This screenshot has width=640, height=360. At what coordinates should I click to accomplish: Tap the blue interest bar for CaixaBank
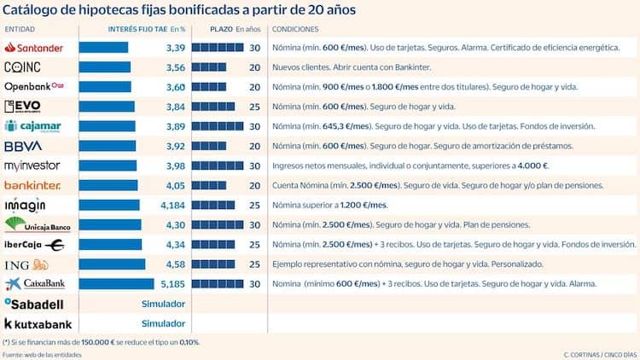116,284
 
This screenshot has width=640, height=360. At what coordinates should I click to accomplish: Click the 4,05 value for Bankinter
174,185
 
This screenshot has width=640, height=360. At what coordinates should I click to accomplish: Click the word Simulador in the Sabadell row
163,304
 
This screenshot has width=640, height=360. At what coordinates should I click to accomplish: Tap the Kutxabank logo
38,324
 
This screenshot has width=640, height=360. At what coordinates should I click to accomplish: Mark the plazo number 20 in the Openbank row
254,87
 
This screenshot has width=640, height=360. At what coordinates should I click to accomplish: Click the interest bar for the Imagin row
109,205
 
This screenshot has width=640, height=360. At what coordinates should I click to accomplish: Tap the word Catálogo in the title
32,9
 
